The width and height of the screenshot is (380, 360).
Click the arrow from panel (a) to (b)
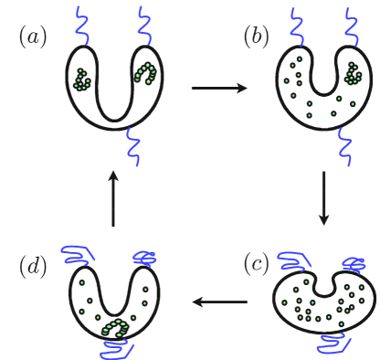[x=220, y=89]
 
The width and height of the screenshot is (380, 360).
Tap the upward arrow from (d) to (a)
[x=112, y=198]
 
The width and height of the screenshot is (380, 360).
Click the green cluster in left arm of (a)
[x=82, y=79]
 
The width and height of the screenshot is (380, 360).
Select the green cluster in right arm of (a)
[x=145, y=71]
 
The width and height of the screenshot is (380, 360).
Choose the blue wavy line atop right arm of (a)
[x=144, y=24]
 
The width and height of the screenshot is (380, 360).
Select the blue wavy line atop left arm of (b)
[x=294, y=25]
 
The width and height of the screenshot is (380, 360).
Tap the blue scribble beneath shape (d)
[x=116, y=346]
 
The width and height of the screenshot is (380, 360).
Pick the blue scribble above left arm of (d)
[x=82, y=255]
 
